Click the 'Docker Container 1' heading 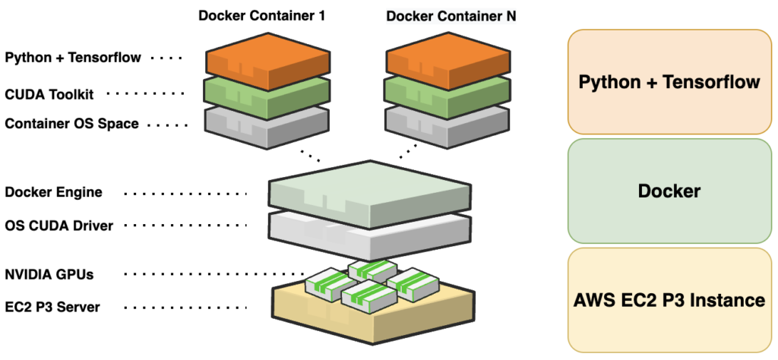pyautogui.click(x=262, y=15)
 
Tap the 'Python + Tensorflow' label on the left pyautogui.click(x=73, y=57)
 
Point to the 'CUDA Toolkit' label pyautogui.click(x=51, y=93)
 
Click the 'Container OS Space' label pyautogui.click(x=71, y=123)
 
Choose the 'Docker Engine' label pyautogui.click(x=53, y=193)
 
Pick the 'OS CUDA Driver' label pyautogui.click(x=59, y=226)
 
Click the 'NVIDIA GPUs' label pyautogui.click(x=49, y=274)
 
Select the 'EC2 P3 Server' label pyautogui.click(x=52, y=307)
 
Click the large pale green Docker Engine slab pyautogui.click(x=370, y=190)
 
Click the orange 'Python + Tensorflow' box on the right pyautogui.click(x=669, y=82)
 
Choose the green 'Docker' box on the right pyautogui.click(x=669, y=191)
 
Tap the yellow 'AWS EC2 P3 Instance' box pyautogui.click(x=669, y=300)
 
